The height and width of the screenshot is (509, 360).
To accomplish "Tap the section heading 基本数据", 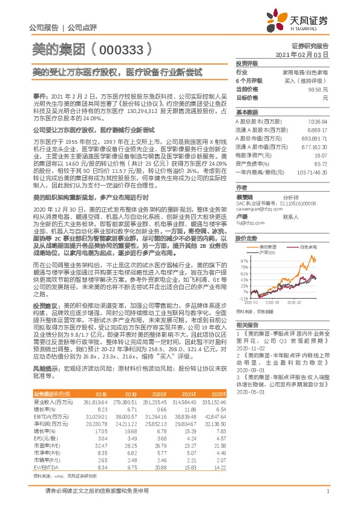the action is pyautogui.click(x=246, y=112).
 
